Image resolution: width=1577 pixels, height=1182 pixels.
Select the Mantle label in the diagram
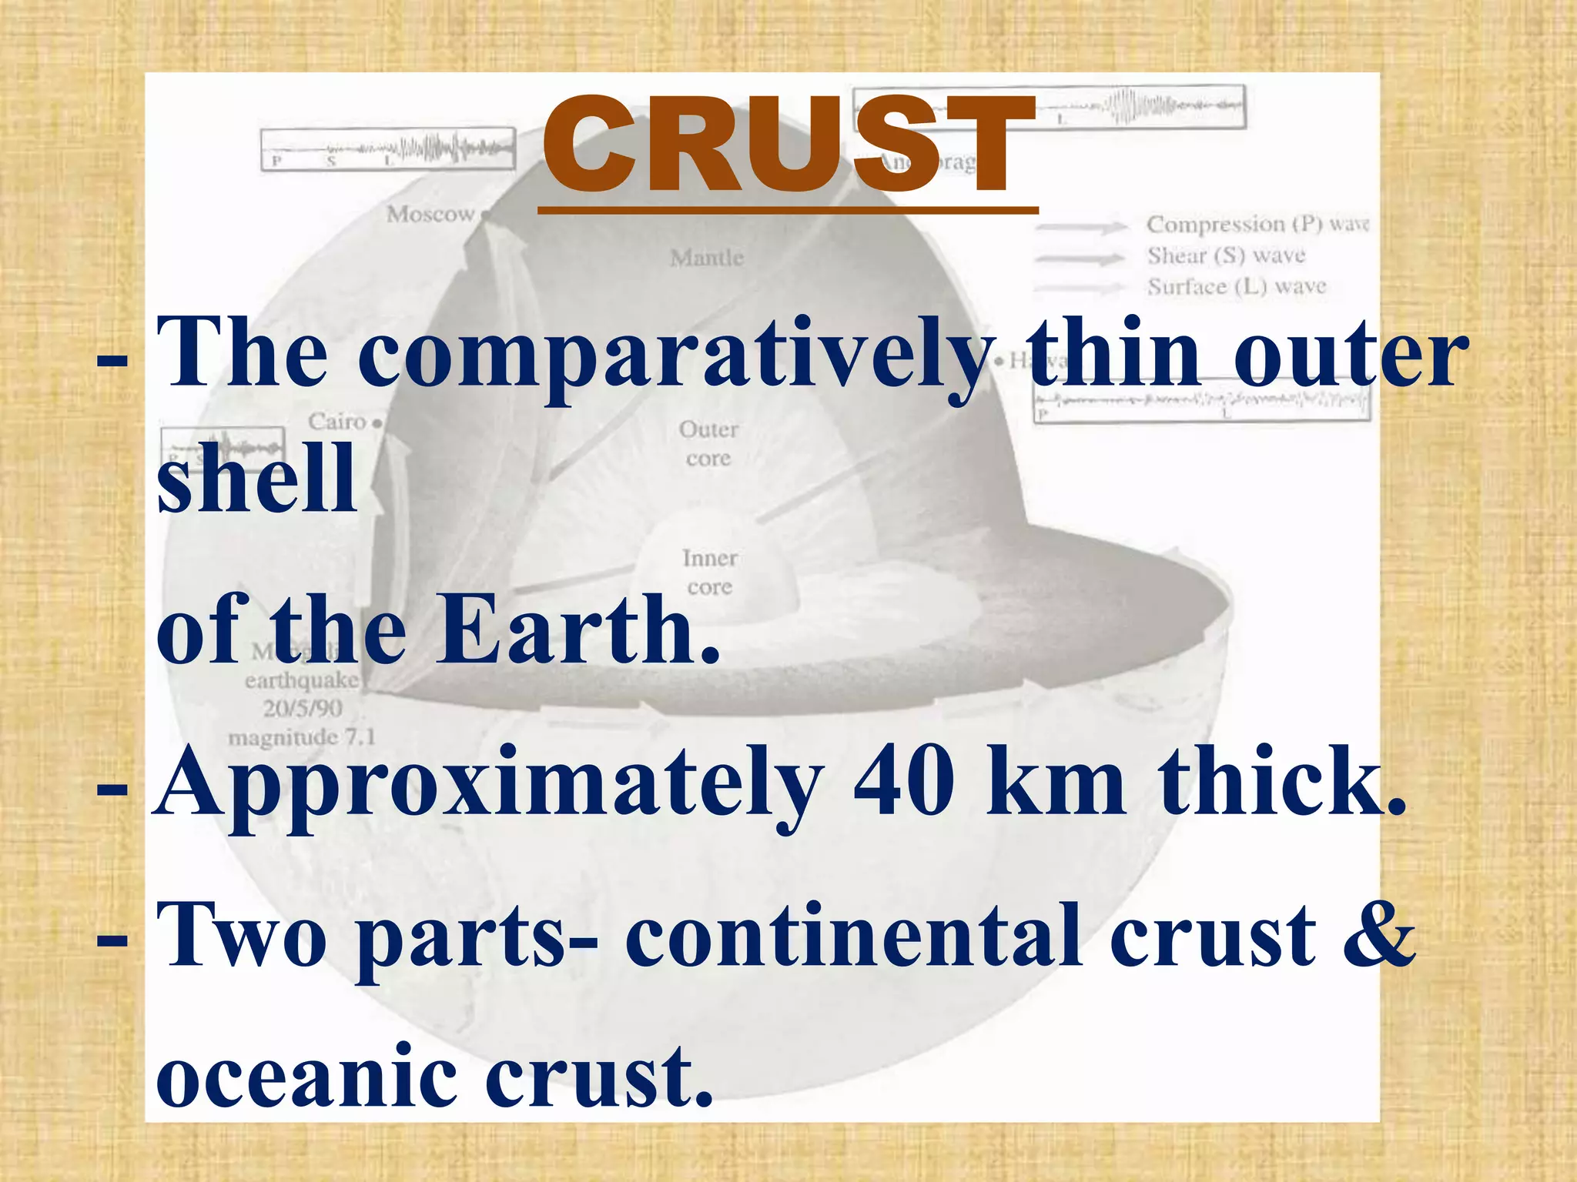[x=707, y=258]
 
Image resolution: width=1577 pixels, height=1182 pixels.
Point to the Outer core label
[x=708, y=443]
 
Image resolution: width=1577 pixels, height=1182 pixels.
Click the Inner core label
[x=709, y=572]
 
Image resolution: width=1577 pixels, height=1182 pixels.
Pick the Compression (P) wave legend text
[x=1257, y=224]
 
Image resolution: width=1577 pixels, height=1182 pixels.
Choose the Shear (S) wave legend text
[x=1226, y=255]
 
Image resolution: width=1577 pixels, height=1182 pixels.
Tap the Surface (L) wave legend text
[x=1237, y=287]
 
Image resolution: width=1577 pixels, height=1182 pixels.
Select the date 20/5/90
[x=303, y=708]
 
